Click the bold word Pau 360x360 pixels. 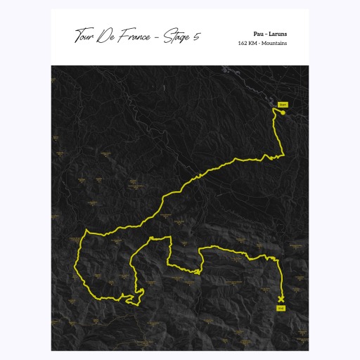pyautogui.click(x=258, y=33)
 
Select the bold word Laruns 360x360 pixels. pyautogui.click(x=278, y=33)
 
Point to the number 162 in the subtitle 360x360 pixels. pyautogui.click(x=243, y=43)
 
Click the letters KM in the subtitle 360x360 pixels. pyautogui.click(x=255, y=43)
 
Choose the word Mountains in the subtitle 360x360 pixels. pyautogui.click(x=275, y=43)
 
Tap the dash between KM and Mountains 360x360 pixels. pyautogui.click(x=261, y=43)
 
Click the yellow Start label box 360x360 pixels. pyautogui.click(x=283, y=104)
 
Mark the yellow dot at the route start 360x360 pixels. pyautogui.click(x=282, y=112)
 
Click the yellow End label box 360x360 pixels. pyautogui.click(x=281, y=308)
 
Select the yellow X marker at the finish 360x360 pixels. pyautogui.click(x=281, y=299)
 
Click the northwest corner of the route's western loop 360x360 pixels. pyautogui.click(x=86, y=230)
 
